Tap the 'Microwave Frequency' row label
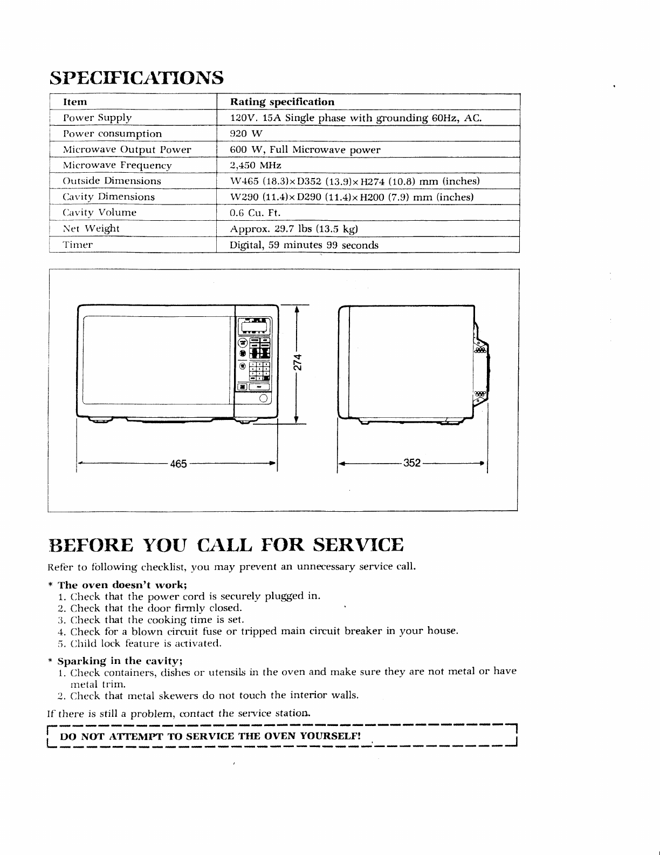117,166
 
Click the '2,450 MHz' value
256,165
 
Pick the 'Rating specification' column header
282,102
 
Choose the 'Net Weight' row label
91,228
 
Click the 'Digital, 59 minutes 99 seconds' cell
304,245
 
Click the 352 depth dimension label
411,463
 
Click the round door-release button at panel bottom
264,398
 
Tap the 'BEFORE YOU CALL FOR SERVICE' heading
225,545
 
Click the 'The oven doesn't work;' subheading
122,585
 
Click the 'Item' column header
75,102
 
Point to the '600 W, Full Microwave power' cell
305,150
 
